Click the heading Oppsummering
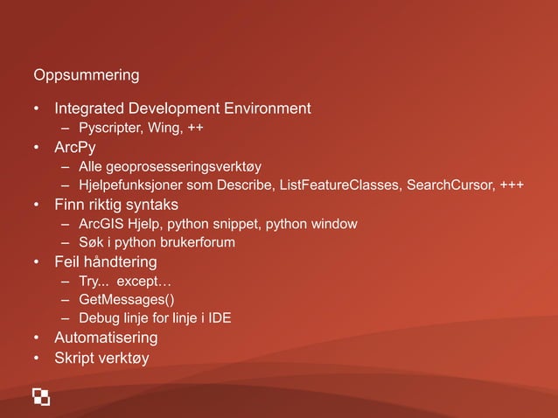tap(86, 75)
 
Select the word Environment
tap(269, 109)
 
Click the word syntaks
tap(151, 205)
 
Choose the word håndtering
tap(121, 261)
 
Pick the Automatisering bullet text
tap(106, 338)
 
